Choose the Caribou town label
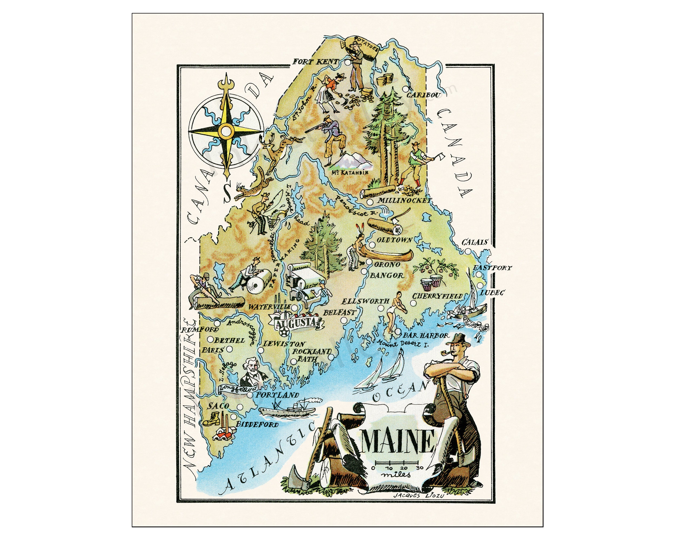tap(421, 95)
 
